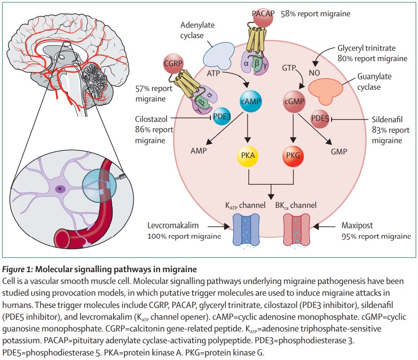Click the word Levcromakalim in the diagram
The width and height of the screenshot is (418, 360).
[173, 226]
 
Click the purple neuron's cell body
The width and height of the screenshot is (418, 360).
[60, 188]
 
